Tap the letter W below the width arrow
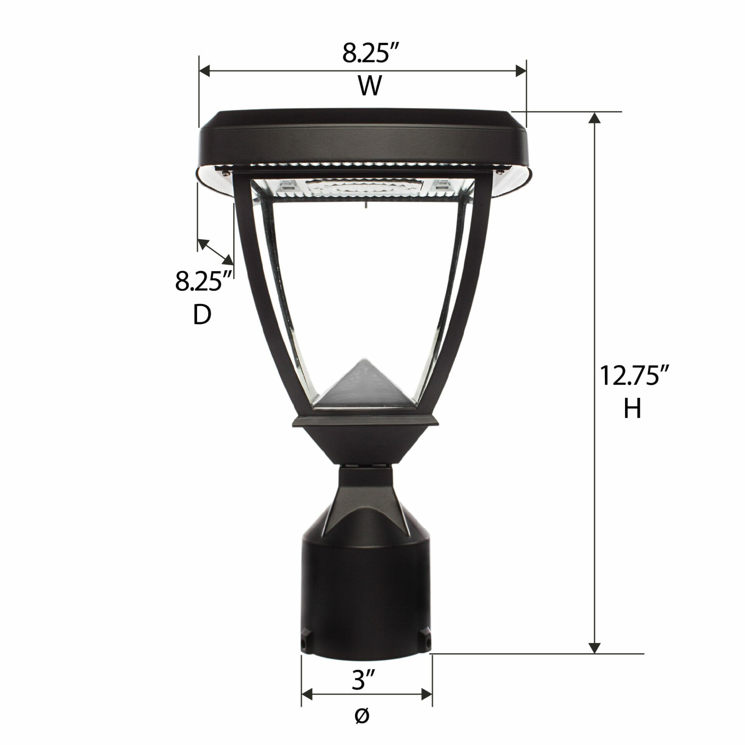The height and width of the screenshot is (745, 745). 370,86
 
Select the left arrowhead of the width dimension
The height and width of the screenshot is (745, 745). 204,71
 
